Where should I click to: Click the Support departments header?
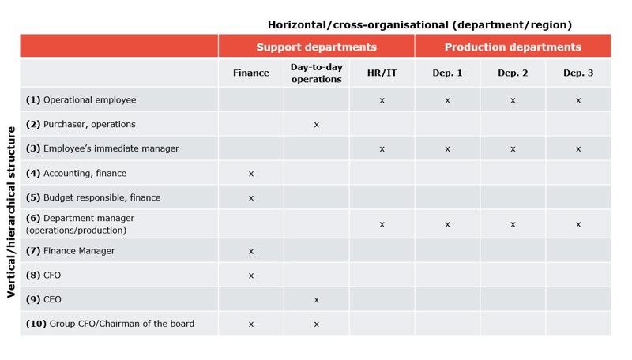(x=316, y=47)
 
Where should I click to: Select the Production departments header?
(x=513, y=47)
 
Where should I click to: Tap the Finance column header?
(x=251, y=73)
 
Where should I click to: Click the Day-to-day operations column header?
(x=316, y=73)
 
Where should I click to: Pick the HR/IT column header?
(x=382, y=73)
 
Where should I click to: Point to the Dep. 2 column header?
(x=513, y=73)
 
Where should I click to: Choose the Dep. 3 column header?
(x=578, y=73)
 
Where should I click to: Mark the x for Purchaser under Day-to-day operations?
(x=316, y=125)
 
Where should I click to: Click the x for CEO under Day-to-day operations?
(x=316, y=300)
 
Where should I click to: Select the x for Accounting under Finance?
(x=251, y=174)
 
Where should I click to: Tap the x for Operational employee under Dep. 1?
(x=447, y=100)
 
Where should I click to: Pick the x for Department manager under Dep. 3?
(x=578, y=224)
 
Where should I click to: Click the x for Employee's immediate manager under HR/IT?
(x=382, y=148)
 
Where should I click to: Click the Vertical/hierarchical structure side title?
(x=11, y=211)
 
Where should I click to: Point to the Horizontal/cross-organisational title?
(x=419, y=25)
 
